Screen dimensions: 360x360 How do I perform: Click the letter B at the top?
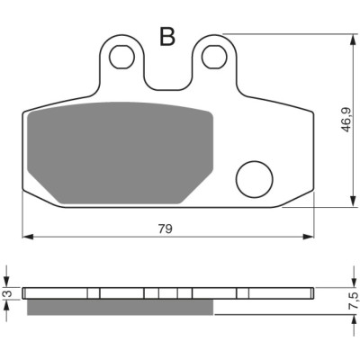[167, 37]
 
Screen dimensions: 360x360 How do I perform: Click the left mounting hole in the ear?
[121, 58]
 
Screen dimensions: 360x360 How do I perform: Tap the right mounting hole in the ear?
[214, 57]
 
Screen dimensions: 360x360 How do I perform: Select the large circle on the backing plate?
[255, 179]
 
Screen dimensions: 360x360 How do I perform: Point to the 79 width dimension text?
[166, 229]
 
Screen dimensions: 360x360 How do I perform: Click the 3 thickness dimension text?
[9, 293]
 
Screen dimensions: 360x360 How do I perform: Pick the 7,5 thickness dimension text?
[355, 301]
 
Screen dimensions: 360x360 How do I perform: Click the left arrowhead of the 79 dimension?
[28, 237]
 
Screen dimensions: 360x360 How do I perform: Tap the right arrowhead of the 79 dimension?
[309, 237]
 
